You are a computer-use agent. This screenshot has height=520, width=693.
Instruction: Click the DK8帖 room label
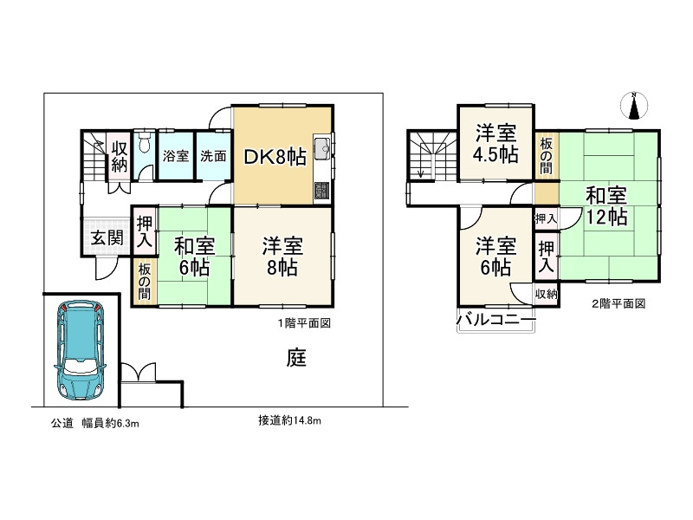[274, 157]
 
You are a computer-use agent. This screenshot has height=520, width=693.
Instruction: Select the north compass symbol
[634, 106]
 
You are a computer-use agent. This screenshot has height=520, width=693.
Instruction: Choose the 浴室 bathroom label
[176, 156]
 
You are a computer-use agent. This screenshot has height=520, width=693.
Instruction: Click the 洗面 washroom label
[213, 156]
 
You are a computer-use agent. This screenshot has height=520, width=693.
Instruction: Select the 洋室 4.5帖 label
[496, 144]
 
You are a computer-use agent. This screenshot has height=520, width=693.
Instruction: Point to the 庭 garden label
[296, 358]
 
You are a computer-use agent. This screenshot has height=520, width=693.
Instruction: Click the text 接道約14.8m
[289, 421]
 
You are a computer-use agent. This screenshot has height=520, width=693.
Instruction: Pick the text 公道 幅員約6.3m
[94, 423]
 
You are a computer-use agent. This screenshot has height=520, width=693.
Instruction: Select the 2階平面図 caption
[619, 304]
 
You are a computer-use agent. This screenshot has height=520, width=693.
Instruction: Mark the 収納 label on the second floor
[546, 295]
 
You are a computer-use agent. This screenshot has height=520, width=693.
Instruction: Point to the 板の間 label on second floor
[547, 153]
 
